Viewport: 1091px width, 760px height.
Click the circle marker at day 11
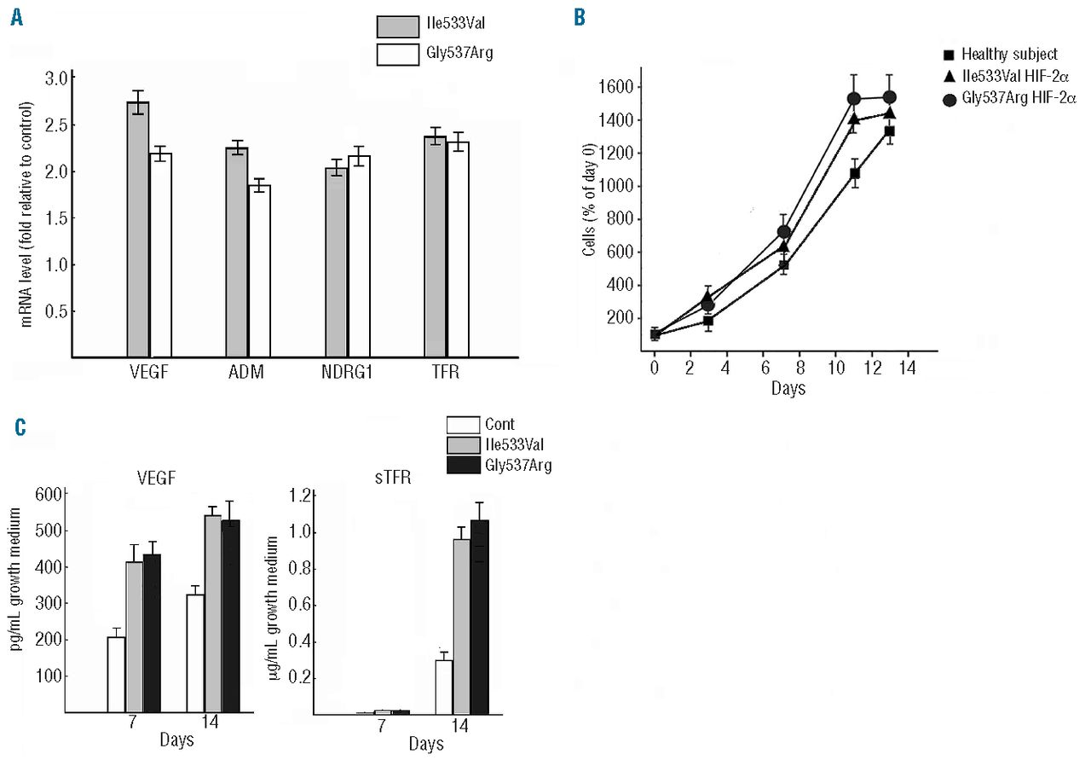[854, 99]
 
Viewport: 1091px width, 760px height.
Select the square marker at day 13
[890, 131]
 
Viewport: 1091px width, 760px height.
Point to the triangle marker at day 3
[707, 298]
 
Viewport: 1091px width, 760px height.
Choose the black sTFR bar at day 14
[480, 617]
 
